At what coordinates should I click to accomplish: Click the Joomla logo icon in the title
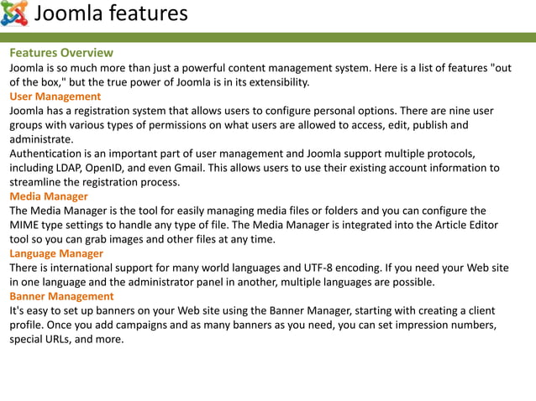click(14, 14)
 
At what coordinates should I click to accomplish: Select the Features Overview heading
click(61, 53)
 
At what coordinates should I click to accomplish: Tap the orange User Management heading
click(55, 96)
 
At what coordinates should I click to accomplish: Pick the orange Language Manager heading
click(56, 253)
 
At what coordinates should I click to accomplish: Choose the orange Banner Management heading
click(61, 296)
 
